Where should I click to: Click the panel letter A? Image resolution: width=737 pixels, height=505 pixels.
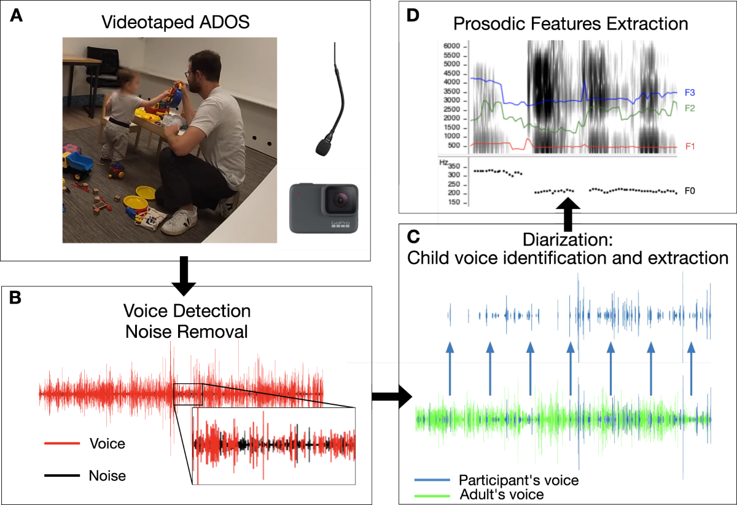(x=16, y=17)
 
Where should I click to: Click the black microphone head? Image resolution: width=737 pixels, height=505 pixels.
(x=324, y=146)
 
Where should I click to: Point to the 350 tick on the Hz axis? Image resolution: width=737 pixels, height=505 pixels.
(x=455, y=166)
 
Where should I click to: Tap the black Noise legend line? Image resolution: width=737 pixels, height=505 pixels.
(x=62, y=475)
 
